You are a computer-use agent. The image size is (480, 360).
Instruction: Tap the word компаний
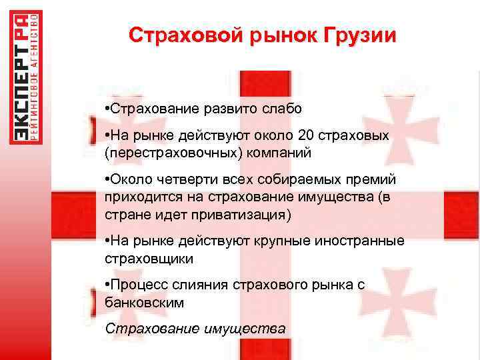tap(279, 152)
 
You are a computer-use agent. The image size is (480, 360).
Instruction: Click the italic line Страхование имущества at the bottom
tap(195, 328)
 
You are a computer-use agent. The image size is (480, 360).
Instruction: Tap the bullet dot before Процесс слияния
tap(107, 285)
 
